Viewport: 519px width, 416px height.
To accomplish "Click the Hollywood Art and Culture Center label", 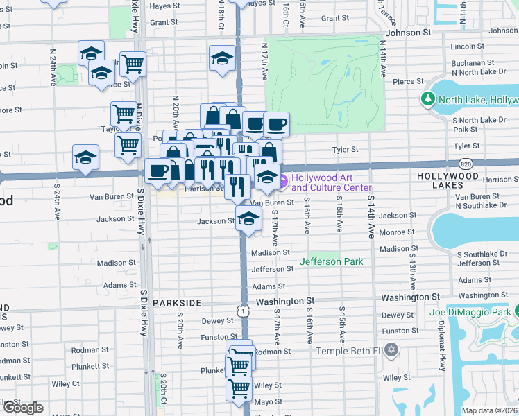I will click(331, 182).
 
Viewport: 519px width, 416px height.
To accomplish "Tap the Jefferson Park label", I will click(331, 262).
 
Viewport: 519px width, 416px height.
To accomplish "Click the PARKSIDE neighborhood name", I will click(177, 303).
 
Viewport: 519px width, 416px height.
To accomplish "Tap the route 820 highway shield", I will click(465, 163).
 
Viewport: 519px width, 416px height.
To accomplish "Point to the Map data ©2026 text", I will click(490, 410).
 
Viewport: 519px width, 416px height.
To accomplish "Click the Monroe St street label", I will click(402, 232).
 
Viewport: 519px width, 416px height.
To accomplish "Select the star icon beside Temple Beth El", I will click(392, 349).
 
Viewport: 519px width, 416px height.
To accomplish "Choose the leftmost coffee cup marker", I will click(158, 171).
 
